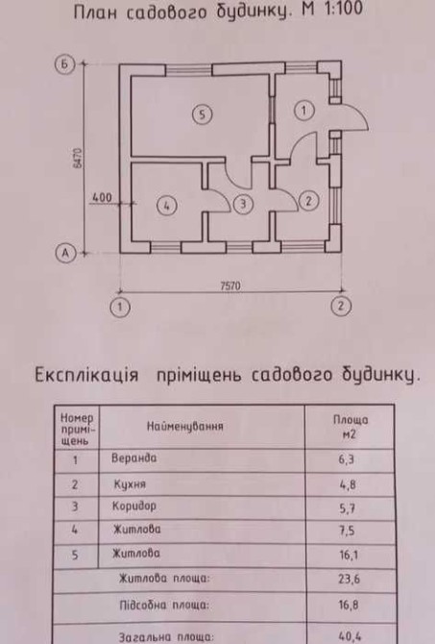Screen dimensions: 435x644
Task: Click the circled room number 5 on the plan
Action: pos(202,114)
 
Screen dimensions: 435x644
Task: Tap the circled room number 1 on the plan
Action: pos(304,111)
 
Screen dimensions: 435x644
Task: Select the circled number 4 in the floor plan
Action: pos(167,206)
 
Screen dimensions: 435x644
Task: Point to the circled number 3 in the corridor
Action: pos(243,204)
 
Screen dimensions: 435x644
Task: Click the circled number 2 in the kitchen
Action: pos(309,201)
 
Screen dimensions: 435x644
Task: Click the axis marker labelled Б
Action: pos(65,64)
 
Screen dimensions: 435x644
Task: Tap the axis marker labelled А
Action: pos(65,253)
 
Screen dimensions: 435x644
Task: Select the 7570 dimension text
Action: pos(230,285)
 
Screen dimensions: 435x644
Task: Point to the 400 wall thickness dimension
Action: pos(102,198)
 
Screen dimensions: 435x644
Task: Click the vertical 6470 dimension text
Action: pos(78,158)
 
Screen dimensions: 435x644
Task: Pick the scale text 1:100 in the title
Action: pos(340,9)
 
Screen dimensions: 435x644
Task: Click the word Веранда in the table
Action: pos(134,458)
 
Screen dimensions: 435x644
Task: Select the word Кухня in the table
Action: pos(130,484)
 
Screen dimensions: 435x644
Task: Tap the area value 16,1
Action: pos(349,556)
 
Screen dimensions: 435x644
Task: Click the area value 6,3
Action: pos(347,459)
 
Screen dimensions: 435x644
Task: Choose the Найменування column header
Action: pos(185,427)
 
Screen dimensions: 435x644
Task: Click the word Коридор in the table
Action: pos(134,506)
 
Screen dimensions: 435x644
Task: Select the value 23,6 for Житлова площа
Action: pos(350,579)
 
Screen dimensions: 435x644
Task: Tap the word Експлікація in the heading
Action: pos(86,375)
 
